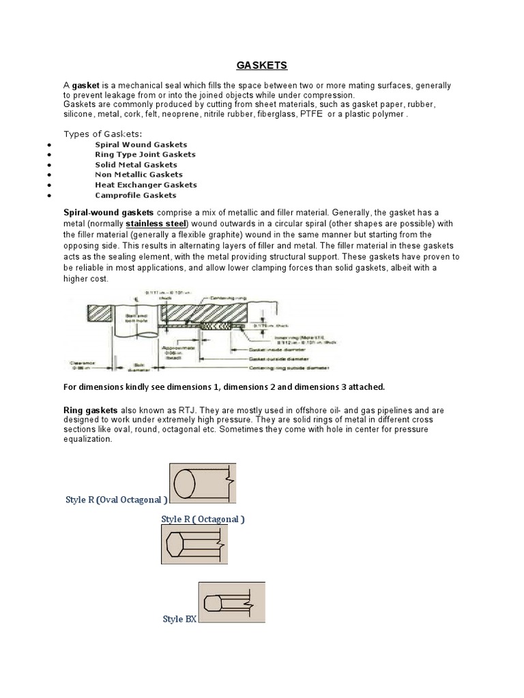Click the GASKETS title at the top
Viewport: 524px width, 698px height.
point(262,65)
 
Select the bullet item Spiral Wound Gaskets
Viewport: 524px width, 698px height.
point(141,145)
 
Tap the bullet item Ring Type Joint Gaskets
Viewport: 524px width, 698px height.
point(145,154)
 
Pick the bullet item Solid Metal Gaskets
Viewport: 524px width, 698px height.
point(136,164)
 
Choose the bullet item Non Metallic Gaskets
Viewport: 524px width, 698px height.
point(139,174)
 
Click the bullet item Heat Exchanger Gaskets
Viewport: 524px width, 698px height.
point(145,185)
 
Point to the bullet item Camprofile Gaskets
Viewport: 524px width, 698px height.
point(136,195)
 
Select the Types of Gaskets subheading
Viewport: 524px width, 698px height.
point(102,133)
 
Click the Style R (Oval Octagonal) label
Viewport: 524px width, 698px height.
point(116,500)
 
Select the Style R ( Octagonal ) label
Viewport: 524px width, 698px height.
point(203,519)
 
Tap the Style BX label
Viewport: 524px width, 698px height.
point(179,619)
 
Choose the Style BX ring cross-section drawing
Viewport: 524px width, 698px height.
point(231,603)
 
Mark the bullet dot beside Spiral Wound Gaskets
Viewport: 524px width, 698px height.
point(50,145)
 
